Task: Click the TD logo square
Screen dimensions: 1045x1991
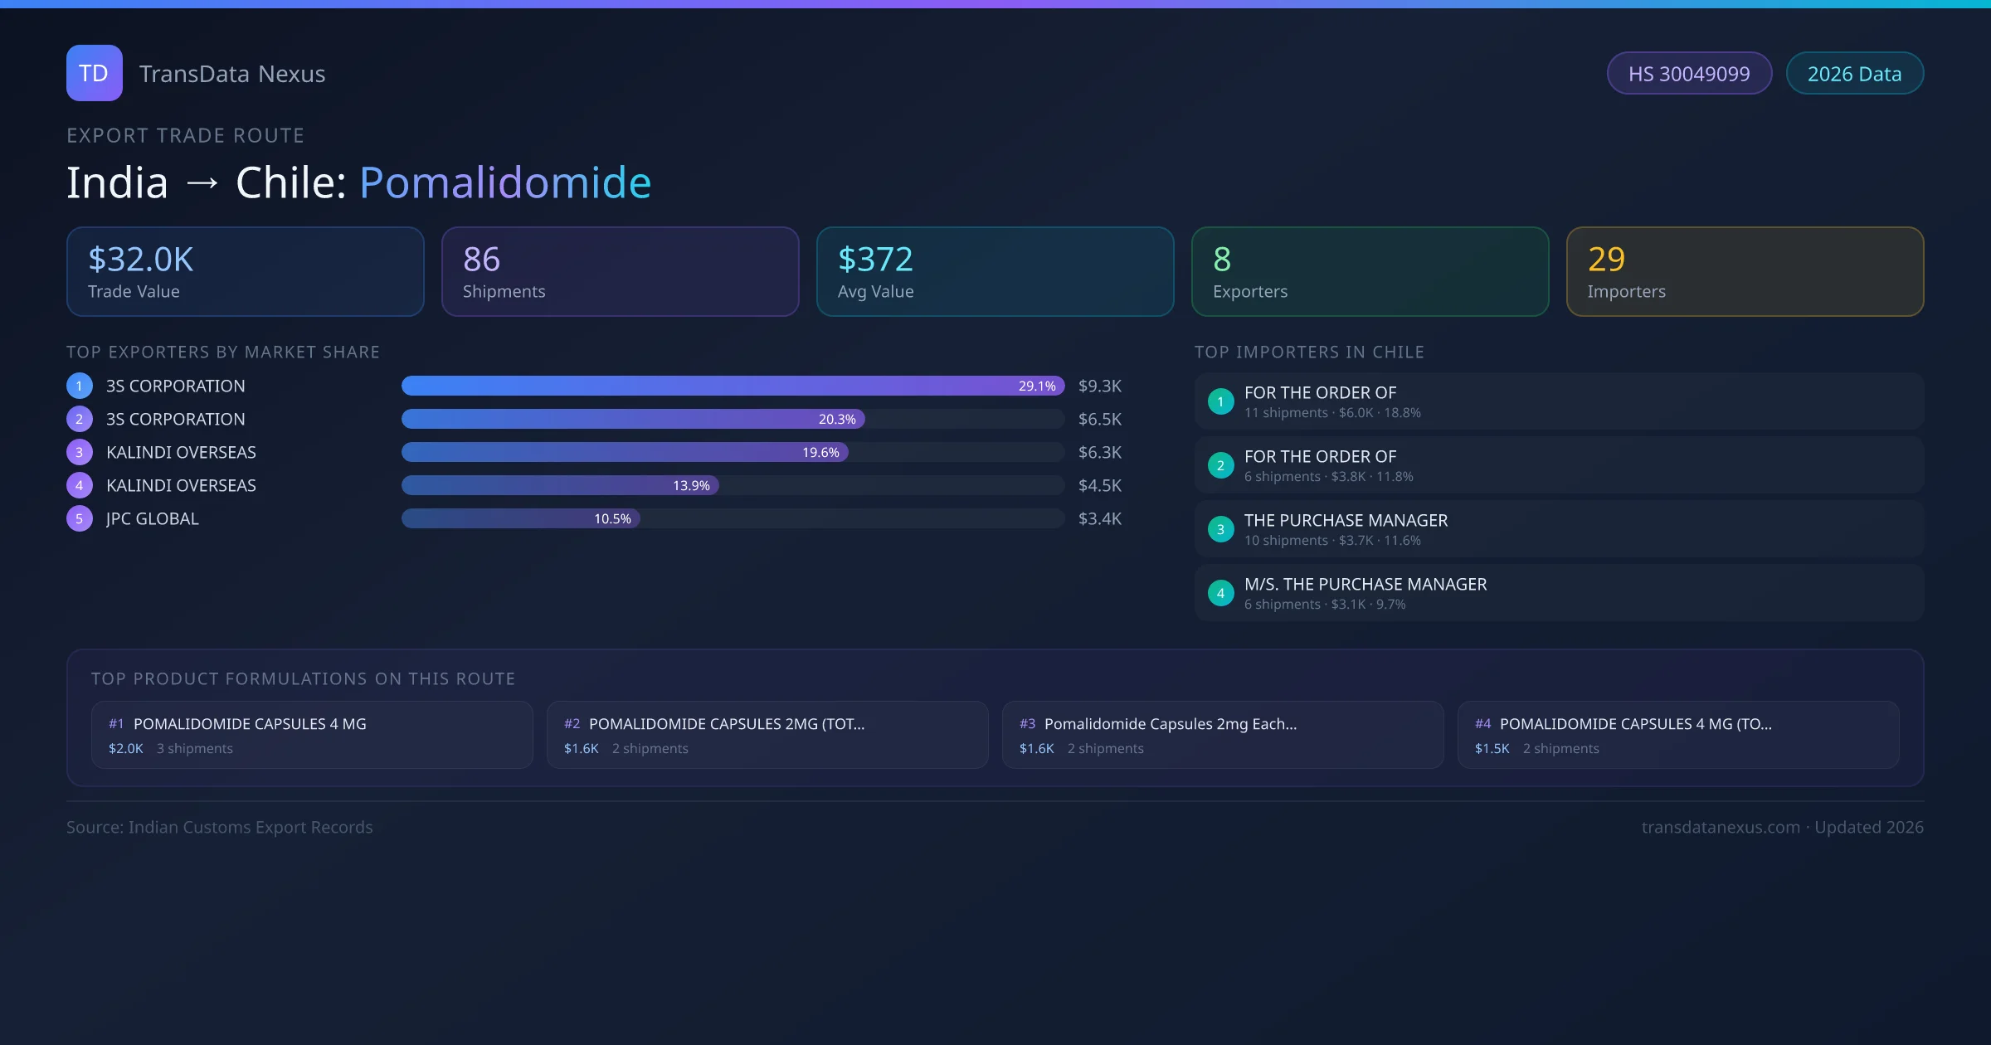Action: [x=94, y=73]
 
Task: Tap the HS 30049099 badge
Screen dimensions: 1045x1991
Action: [x=1688, y=74]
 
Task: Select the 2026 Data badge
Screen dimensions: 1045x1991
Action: [x=1853, y=74]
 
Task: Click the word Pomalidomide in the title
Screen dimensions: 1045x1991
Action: [x=505, y=182]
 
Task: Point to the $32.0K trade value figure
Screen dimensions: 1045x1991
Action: [x=140, y=260]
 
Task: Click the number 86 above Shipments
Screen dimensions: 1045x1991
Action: [x=481, y=260]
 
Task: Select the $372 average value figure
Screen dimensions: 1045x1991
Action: [x=874, y=260]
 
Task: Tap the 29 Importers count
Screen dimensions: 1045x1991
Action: [x=1606, y=260]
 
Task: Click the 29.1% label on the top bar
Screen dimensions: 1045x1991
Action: [x=1036, y=386]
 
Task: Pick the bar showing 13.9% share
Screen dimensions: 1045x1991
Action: [x=560, y=485]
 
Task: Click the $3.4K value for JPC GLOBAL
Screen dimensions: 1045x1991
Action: [x=1099, y=518]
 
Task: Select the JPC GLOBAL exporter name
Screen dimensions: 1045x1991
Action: [x=153, y=518]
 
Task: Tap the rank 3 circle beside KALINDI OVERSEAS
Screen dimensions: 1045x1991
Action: [x=79, y=452]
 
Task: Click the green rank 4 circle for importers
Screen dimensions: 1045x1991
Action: [x=1220, y=593]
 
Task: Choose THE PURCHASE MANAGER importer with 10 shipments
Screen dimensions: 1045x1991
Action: [x=1346, y=521]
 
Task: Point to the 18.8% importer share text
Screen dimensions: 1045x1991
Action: [x=1402, y=413]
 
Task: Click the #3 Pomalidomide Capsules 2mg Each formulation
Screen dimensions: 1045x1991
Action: [x=1170, y=724]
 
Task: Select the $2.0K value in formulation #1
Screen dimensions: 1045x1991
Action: [x=125, y=748]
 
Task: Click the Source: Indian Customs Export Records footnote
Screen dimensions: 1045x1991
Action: [x=219, y=827]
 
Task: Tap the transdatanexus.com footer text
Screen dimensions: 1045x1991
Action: [x=1720, y=827]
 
